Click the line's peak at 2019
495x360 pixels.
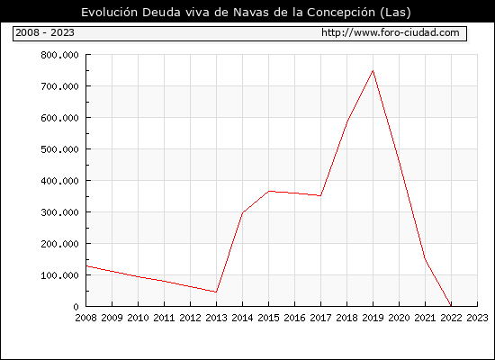point(373,70)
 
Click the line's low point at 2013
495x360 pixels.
point(216,292)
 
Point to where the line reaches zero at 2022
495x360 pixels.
point(451,306)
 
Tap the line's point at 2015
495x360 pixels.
point(269,191)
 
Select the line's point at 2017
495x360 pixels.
point(320,196)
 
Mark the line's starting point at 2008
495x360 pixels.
point(86,266)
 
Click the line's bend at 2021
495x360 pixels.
point(425,258)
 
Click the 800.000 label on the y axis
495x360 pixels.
point(59,55)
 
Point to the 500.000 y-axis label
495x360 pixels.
point(59,149)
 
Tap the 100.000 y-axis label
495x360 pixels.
point(59,275)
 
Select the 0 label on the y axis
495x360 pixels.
point(76,307)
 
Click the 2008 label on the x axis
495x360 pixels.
point(85,318)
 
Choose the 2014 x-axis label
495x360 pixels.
point(242,318)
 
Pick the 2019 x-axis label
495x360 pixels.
point(373,318)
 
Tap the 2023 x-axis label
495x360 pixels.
point(477,318)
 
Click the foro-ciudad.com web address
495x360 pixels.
point(391,32)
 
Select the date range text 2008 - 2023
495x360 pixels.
point(45,32)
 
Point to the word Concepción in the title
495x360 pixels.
point(341,13)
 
